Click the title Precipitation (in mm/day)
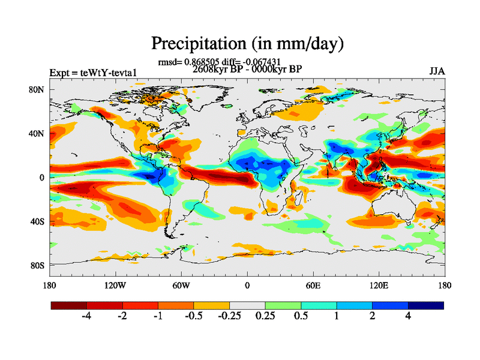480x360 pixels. pyautogui.click(x=247, y=43)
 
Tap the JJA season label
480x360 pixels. pyautogui.click(x=437, y=71)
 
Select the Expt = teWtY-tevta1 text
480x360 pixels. pyautogui.click(x=94, y=73)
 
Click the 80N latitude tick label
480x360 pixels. pyautogui.click(x=37, y=89)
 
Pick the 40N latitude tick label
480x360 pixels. pyautogui.click(x=37, y=133)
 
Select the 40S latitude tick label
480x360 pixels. pyautogui.click(x=38, y=221)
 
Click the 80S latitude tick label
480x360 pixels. pyautogui.click(x=38, y=265)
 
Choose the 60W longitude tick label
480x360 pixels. pyautogui.click(x=181, y=285)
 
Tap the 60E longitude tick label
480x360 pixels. pyautogui.click(x=313, y=285)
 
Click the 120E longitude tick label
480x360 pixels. pyautogui.click(x=379, y=285)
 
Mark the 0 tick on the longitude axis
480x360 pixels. pyautogui.click(x=247, y=285)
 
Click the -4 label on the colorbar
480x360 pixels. pyautogui.click(x=85, y=317)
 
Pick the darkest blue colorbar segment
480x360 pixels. pyautogui.click(x=425, y=305)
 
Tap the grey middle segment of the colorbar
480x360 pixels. pyautogui.click(x=247, y=305)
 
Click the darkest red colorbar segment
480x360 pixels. pyautogui.click(x=69, y=305)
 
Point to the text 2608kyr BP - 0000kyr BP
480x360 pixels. pyautogui.click(x=247, y=69)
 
